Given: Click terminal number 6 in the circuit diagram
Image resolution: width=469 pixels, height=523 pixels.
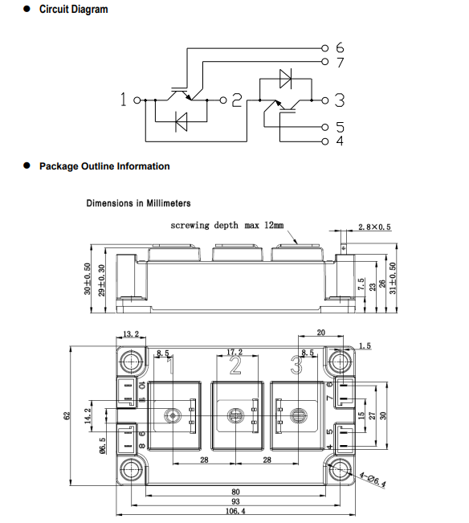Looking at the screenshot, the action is coord(340,47).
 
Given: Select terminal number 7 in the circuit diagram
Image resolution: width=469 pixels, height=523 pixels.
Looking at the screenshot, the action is coord(340,63).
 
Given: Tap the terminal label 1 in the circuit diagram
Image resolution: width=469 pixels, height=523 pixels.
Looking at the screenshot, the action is coord(124,100).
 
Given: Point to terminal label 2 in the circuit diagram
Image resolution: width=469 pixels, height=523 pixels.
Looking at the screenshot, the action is coord(237,100).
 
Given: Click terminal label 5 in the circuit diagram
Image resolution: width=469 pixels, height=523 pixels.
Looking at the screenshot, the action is coord(340,127).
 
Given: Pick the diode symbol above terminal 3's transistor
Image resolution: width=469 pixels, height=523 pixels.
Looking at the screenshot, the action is coord(286,79).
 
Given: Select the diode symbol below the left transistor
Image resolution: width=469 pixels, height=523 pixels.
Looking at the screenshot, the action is coord(181,122).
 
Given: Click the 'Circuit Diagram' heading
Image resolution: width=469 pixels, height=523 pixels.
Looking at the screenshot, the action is coord(73,10).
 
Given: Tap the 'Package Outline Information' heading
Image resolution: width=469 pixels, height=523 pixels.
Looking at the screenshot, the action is coord(104,166).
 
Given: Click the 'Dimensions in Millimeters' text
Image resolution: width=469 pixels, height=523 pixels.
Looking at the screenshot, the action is coord(138,203).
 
